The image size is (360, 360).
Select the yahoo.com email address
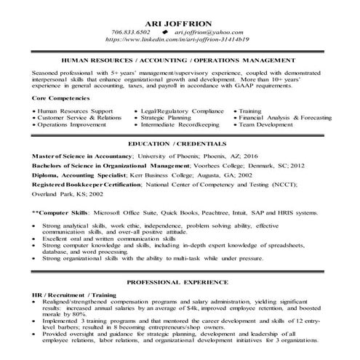212,32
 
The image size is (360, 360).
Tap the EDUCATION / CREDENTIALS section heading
180,144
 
